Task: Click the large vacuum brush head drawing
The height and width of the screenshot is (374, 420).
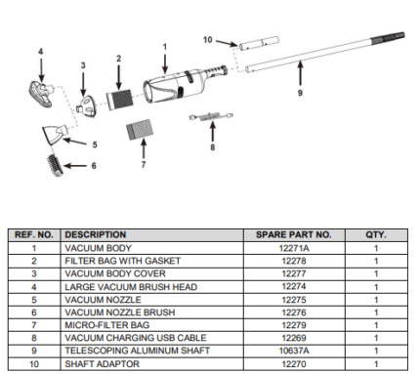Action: pyautogui.click(x=40, y=94)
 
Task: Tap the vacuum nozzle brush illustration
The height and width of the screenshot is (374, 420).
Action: pyautogui.click(x=56, y=166)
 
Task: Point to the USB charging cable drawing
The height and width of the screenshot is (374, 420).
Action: pyautogui.click(x=211, y=116)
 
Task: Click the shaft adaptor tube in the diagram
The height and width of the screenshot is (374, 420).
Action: pyautogui.click(x=259, y=44)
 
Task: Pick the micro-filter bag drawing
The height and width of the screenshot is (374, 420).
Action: pyautogui.click(x=140, y=130)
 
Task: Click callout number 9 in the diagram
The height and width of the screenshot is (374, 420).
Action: pyautogui.click(x=300, y=93)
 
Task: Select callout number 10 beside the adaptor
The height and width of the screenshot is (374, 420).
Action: pyautogui.click(x=207, y=40)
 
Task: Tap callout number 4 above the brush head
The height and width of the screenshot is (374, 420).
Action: pyautogui.click(x=41, y=52)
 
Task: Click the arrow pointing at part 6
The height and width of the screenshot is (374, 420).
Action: pyautogui.click(x=75, y=166)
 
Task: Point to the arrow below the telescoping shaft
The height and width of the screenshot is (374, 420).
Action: pyautogui.click(x=300, y=74)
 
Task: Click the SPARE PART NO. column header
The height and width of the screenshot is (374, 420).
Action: pyautogui.click(x=294, y=234)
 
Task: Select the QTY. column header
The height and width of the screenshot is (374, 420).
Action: pyautogui.click(x=376, y=234)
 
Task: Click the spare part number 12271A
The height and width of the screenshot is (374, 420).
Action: pyautogui.click(x=294, y=248)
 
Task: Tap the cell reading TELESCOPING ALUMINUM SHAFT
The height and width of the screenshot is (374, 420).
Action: pyautogui.click(x=137, y=351)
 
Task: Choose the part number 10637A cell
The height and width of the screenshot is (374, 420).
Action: pyautogui.click(x=294, y=351)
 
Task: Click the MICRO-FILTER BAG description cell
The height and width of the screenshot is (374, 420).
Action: pyautogui.click(x=107, y=325)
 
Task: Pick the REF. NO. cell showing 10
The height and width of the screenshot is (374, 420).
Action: pyautogui.click(x=34, y=363)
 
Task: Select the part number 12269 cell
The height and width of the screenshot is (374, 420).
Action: pyautogui.click(x=294, y=338)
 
